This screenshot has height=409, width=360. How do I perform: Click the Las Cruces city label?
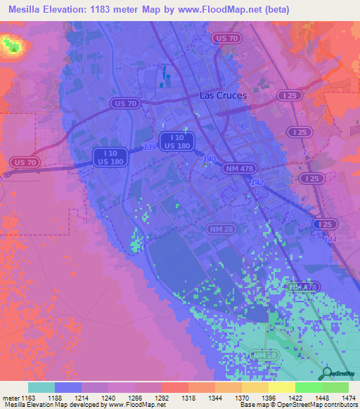pos(224,95)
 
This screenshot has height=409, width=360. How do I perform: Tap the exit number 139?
pos(149,147)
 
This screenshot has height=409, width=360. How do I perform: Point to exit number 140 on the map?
pos(209,160)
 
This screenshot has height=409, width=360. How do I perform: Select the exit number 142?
pos(259,181)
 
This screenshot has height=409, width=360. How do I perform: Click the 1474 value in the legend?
pos(340,397)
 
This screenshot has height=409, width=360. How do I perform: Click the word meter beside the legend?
pos(10,397)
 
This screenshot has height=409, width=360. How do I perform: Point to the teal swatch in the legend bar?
pos(41,387)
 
